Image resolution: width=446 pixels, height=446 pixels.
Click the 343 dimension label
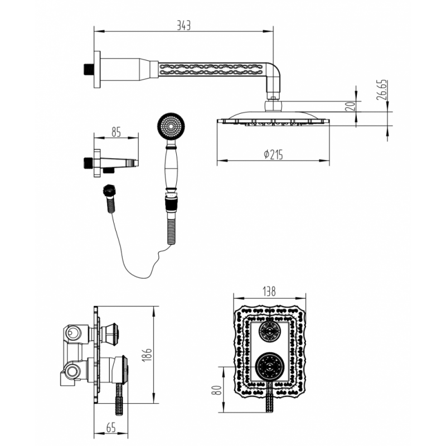tap(183, 25)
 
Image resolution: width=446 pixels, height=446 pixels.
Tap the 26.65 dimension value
tap(382, 90)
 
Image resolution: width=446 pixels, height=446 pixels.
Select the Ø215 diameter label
tap(273, 154)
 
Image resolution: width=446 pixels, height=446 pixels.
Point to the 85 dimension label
tap(116, 132)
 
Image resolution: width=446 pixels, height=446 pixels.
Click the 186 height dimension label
tap(147, 355)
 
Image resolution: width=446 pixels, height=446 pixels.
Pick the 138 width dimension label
tap(269, 292)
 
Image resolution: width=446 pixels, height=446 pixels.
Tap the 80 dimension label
tap(217, 390)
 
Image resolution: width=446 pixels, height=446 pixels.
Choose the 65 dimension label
tap(110, 428)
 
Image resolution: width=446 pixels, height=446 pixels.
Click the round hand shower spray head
tap(171, 125)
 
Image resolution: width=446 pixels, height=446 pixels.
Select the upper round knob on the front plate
tap(270, 332)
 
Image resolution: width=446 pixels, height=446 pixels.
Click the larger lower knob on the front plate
tap(269, 366)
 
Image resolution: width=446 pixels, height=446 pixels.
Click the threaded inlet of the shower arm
tap(89, 69)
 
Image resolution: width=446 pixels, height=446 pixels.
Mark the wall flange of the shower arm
tap(97, 69)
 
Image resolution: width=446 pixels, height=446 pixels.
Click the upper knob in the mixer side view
tap(111, 334)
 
